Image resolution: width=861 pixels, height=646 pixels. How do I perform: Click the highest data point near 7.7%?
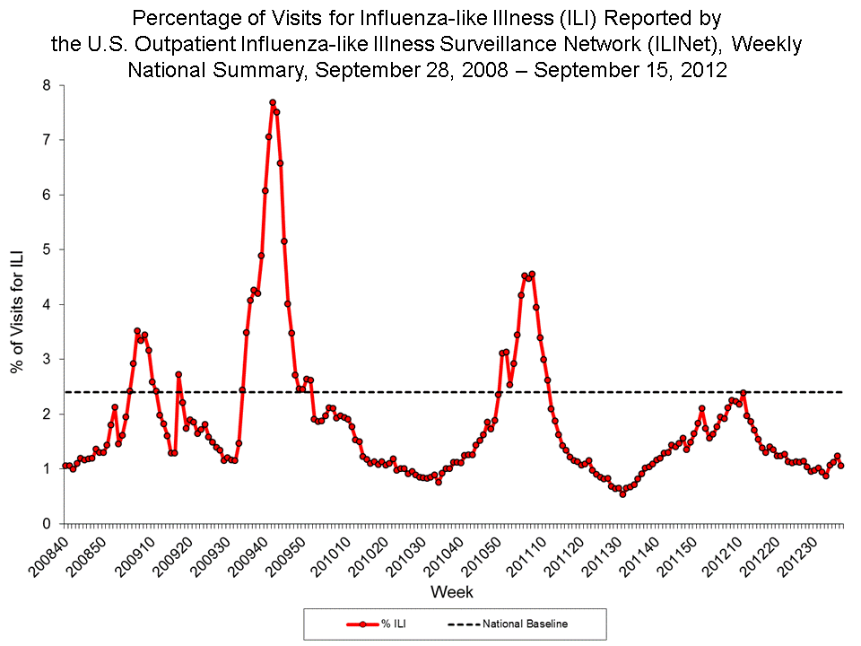coord(273,102)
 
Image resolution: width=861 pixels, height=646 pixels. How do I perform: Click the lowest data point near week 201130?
coord(622,493)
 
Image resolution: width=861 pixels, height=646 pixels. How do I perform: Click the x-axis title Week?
coord(452,592)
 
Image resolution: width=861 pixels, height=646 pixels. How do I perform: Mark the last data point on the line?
coord(840,465)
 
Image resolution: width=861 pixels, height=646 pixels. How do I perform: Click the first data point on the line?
coord(65,466)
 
